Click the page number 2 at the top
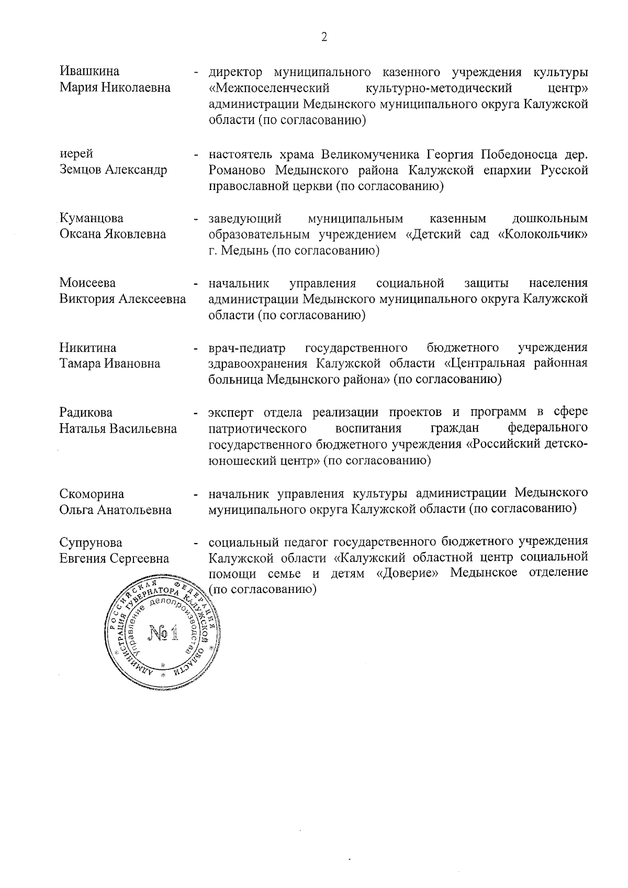324,37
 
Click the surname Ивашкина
89,71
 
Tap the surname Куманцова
92,218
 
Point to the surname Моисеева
88,283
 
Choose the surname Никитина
88,348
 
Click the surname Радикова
86,413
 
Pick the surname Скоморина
92,493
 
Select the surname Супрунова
91,542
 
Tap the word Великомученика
370,154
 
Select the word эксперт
231,413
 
